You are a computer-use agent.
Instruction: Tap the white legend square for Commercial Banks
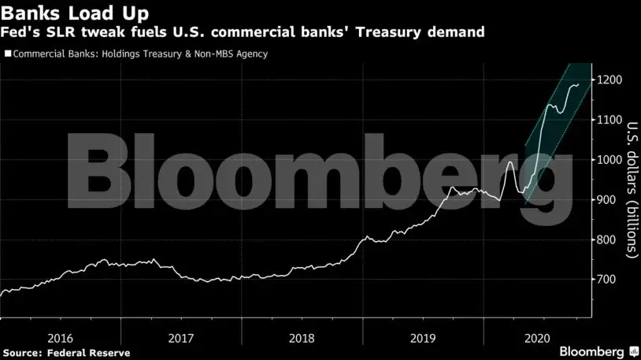[8, 54]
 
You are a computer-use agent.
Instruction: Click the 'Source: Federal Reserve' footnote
[65, 352]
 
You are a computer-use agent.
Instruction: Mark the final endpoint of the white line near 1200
[579, 84]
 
